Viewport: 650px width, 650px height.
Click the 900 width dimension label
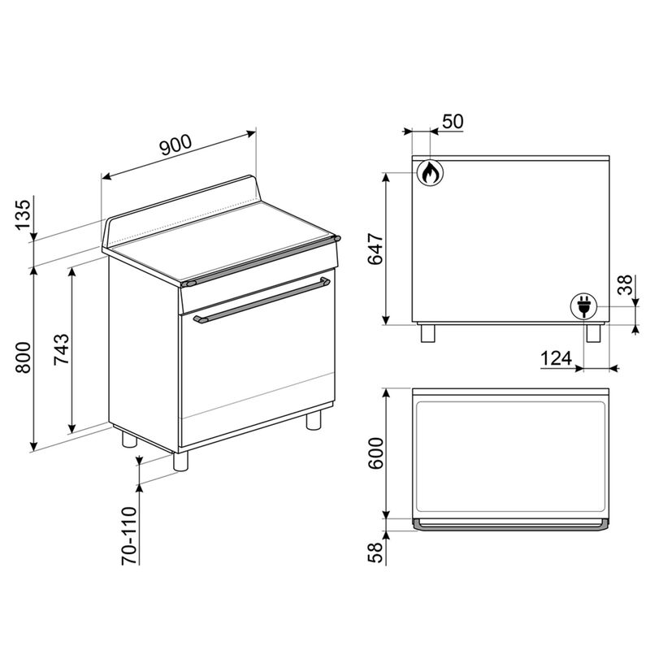[x=175, y=145]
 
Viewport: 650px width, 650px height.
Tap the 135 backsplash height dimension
[x=24, y=214]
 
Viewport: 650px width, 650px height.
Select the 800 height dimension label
[x=24, y=357]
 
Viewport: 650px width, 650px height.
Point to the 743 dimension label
[x=62, y=349]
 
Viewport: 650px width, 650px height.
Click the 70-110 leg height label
[x=129, y=535]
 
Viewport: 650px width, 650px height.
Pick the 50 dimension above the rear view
[x=453, y=121]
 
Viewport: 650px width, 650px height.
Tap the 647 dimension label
[x=375, y=249]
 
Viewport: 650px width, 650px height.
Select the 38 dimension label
[x=625, y=284]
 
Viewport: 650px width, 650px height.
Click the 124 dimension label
[x=557, y=358]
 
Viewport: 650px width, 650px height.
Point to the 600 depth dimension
[x=375, y=453]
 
